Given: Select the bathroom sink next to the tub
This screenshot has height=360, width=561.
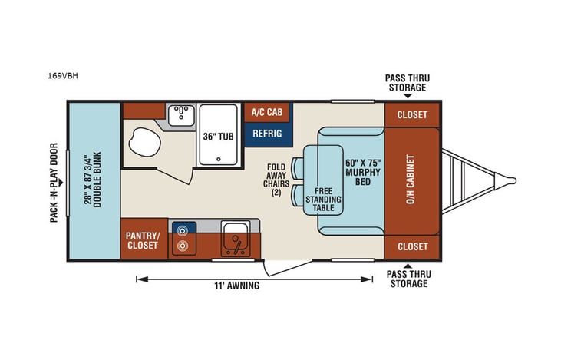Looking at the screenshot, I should tap(183, 114).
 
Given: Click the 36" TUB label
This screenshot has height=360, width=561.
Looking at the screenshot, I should tap(218, 137).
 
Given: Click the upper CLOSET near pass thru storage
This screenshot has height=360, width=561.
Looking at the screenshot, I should tap(411, 115).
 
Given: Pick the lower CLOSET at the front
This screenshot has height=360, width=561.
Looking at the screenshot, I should tap(411, 247).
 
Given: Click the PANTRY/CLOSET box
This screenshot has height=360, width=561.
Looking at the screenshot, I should tap(143, 239).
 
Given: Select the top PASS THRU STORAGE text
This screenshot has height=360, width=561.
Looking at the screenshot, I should tap(405, 83).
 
